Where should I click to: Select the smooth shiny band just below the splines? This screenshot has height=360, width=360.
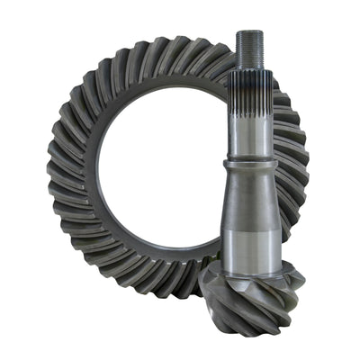coord(249,150)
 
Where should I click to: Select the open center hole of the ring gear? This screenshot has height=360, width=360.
coord(157,171)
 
